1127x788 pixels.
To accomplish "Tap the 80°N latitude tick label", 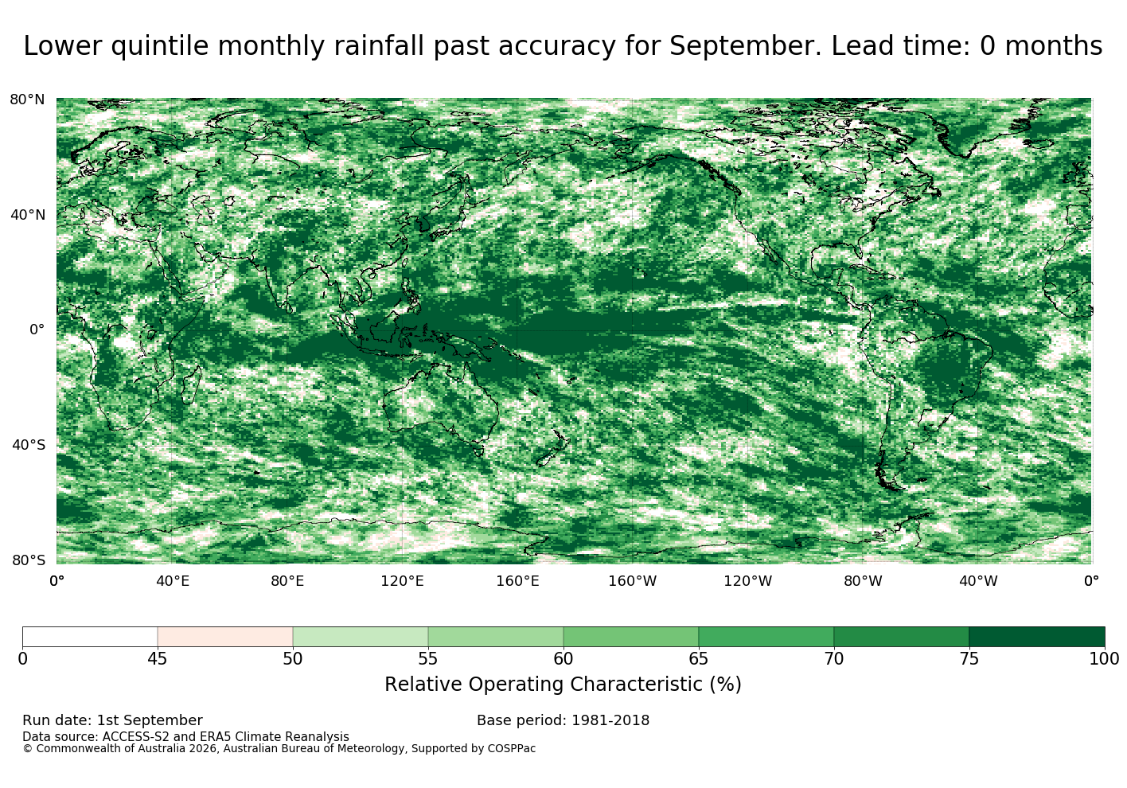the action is point(27,99).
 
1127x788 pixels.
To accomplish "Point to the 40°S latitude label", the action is point(29,445).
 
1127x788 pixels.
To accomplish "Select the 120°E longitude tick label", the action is point(402,581).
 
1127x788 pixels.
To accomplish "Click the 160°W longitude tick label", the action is point(633,581).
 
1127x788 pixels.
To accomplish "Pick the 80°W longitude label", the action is point(863,581).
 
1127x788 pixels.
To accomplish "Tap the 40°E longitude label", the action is point(173,581).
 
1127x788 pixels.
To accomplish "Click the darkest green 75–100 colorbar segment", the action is point(1036,637).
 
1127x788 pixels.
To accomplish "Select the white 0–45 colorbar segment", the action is point(90,637).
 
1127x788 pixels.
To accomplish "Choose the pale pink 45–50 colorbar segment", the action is point(225,637).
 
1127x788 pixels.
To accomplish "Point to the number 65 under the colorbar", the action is point(698,659).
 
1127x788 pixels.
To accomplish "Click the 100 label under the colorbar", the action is point(1105,659).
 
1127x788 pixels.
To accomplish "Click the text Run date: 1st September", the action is point(113,720).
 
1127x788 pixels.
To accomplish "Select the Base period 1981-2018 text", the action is point(563,720).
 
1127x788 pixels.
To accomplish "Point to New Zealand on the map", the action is point(552,448).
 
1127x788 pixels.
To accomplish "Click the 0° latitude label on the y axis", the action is point(37,330).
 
